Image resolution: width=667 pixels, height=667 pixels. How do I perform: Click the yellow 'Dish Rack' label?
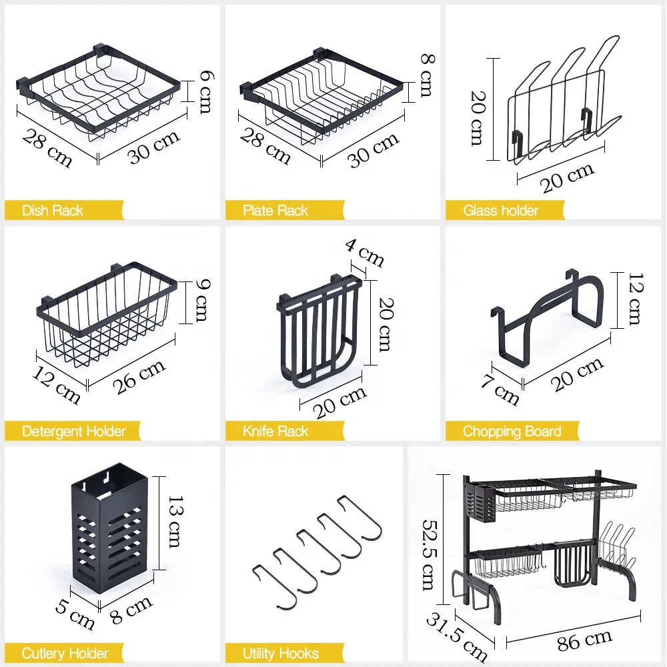(53, 211)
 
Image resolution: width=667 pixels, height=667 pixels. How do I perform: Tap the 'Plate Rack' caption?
(275, 211)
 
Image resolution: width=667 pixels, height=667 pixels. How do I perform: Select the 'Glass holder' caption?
(500, 211)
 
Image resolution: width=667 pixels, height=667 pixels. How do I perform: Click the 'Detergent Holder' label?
(73, 432)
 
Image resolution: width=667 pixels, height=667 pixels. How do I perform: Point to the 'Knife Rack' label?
(275, 432)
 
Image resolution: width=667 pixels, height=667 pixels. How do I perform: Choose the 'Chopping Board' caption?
(512, 432)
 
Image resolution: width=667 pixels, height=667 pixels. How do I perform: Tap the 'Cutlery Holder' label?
(64, 653)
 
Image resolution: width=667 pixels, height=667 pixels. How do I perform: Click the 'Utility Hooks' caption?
(280, 653)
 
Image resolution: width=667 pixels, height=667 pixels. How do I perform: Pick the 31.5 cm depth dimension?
(457, 636)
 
